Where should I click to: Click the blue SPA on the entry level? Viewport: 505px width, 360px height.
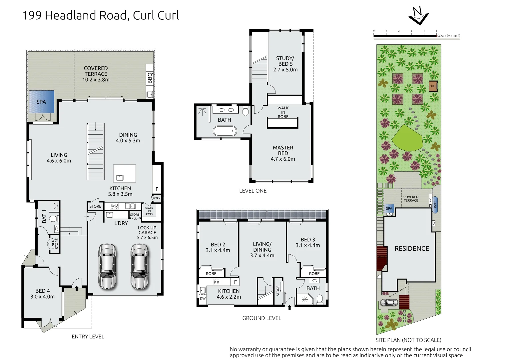tap(41, 102)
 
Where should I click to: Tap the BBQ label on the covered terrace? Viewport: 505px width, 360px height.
tap(150, 78)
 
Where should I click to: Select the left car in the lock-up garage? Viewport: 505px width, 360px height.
tap(107, 266)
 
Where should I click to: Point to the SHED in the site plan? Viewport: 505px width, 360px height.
tap(433, 86)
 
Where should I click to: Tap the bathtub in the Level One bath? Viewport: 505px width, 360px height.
tap(225, 131)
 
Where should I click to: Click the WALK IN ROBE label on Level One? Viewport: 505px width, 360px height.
tap(283, 112)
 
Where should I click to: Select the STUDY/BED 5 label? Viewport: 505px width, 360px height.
tap(285, 61)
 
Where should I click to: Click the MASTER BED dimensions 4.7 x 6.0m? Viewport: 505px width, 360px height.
tap(283, 159)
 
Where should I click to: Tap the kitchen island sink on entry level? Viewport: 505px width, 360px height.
tap(120, 178)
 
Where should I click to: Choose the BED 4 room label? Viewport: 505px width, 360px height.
tap(43, 291)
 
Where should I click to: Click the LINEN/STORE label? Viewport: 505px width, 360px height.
tap(55, 244)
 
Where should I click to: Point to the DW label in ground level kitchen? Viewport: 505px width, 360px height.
tap(203, 298)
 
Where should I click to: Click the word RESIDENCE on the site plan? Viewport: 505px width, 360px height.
tap(412, 249)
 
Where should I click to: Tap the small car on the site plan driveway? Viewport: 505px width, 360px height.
tap(389, 303)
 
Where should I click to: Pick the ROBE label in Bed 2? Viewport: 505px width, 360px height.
tap(211, 274)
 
